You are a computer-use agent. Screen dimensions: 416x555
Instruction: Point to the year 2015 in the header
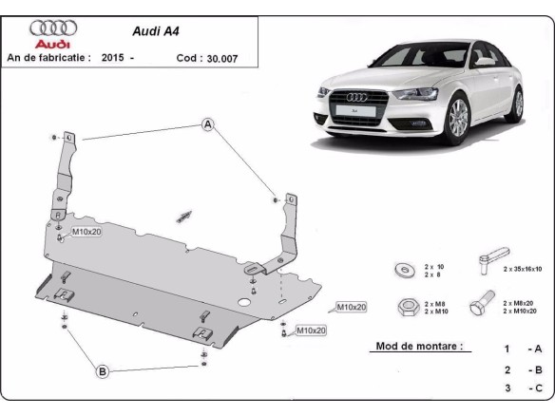point(111,58)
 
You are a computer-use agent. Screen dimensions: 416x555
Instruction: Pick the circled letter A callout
point(208,124)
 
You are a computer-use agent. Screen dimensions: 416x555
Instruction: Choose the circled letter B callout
point(102,370)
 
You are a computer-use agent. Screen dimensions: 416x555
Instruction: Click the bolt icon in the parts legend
point(479,305)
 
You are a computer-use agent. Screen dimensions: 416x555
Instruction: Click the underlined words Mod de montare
point(417,347)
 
